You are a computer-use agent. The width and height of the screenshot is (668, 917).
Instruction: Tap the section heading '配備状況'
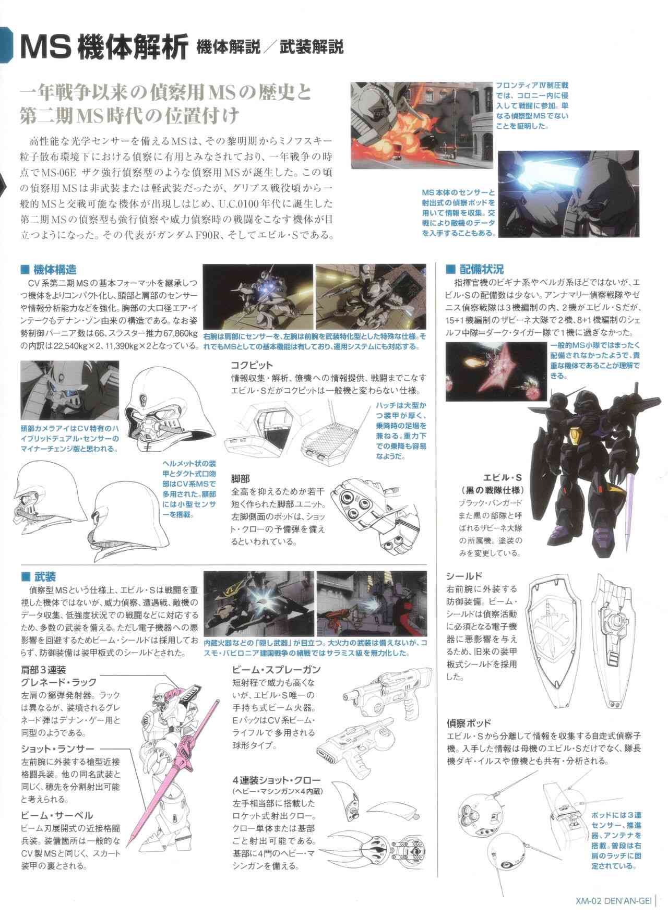pos(482,270)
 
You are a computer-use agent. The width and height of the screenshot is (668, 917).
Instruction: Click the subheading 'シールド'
pos(463,576)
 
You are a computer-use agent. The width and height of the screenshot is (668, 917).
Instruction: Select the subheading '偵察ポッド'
pos(468,723)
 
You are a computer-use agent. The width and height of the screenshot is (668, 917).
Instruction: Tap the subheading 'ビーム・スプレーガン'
pos(277,670)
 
